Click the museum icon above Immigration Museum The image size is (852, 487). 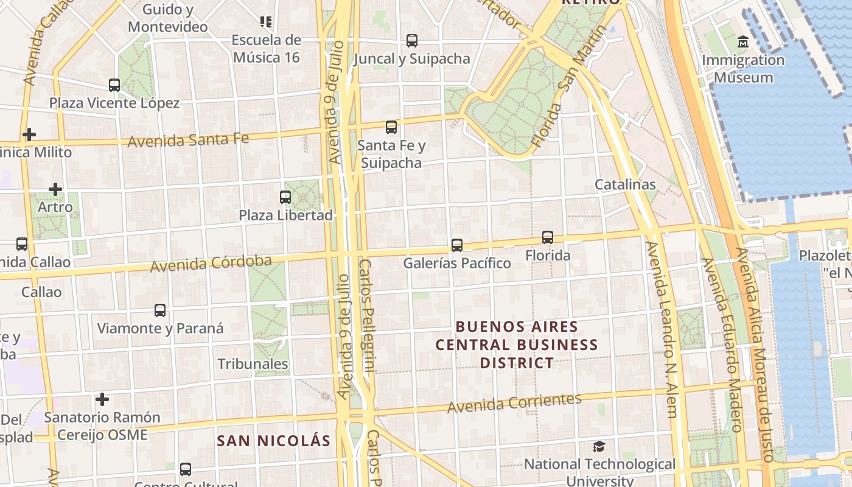point(742,42)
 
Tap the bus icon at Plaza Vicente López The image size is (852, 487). point(114,85)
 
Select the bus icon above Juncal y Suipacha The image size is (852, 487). point(412,41)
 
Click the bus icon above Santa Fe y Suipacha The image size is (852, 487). point(391,127)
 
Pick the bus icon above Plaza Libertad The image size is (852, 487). point(285,197)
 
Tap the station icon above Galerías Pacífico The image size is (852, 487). point(457,245)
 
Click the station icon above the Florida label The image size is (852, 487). point(548,237)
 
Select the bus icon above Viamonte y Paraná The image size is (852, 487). point(160,310)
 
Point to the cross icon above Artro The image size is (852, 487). point(55,189)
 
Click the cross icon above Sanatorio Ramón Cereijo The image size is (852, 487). point(102,399)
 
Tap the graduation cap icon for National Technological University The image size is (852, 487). point(599,446)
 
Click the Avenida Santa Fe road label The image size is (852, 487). point(188,139)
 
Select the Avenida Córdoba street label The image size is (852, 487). point(211,263)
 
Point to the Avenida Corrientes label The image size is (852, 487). point(514,402)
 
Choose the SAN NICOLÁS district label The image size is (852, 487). point(274,441)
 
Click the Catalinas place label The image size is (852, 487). point(625,184)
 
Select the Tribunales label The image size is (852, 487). point(253,364)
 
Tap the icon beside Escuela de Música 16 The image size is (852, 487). point(266,22)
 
